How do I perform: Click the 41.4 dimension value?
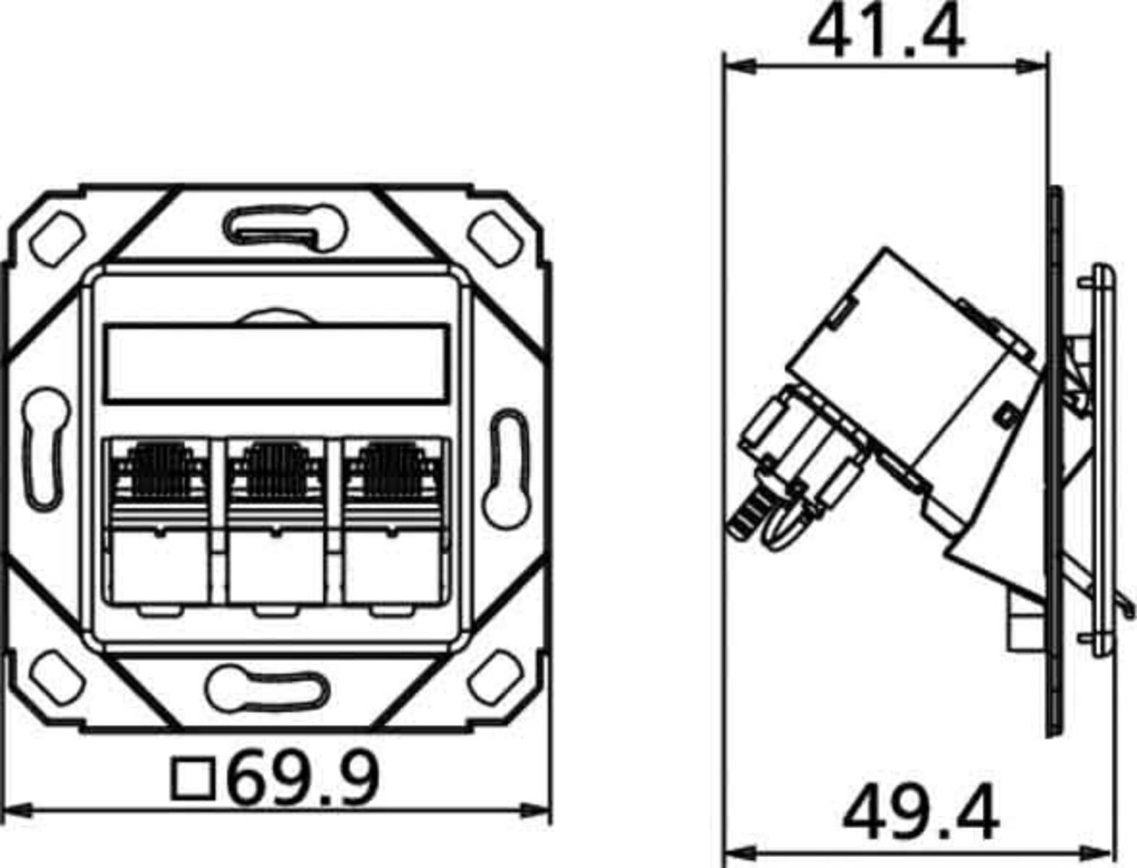pyautogui.click(x=885, y=33)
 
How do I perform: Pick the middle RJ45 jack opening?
pyautogui.click(x=275, y=521)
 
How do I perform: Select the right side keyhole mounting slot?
pyautogui.click(x=508, y=468)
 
